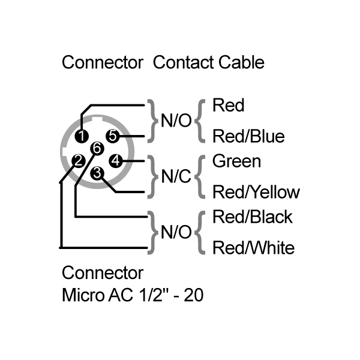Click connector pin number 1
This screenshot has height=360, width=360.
pos(82,136)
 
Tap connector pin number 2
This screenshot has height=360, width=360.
pos(77,160)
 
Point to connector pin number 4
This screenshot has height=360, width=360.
pos(116,160)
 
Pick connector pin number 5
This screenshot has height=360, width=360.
pos(112,136)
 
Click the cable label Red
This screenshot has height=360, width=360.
pos(229,106)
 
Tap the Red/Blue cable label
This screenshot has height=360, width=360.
pos(248,136)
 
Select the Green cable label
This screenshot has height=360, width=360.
pos(237,161)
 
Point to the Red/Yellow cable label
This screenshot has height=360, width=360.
pos(256,192)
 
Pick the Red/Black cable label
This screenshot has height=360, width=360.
pos(253,217)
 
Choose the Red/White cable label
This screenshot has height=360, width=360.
pos(254,247)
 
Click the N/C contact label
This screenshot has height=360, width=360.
pos(176,177)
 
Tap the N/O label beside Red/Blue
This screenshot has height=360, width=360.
pos(176,121)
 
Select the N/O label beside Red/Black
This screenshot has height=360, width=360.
pos(176,232)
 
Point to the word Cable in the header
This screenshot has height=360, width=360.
pos(241,62)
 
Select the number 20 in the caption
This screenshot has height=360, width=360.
pos(193,296)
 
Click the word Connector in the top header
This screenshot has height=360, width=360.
pos(103,62)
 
